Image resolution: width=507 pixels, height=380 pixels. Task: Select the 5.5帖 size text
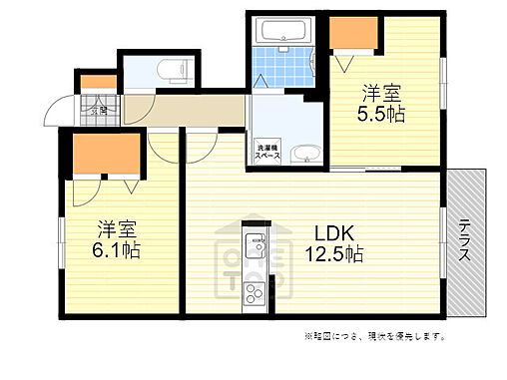[382, 115]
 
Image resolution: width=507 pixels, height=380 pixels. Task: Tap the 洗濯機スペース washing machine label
[266, 154]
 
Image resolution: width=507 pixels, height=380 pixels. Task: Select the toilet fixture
[175, 74]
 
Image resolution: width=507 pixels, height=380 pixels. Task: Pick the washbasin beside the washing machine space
[307, 154]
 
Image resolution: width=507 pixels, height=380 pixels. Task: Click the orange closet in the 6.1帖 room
[104, 155]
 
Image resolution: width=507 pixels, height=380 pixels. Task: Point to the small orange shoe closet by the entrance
[97, 82]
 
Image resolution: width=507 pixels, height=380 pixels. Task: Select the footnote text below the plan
[376, 336]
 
